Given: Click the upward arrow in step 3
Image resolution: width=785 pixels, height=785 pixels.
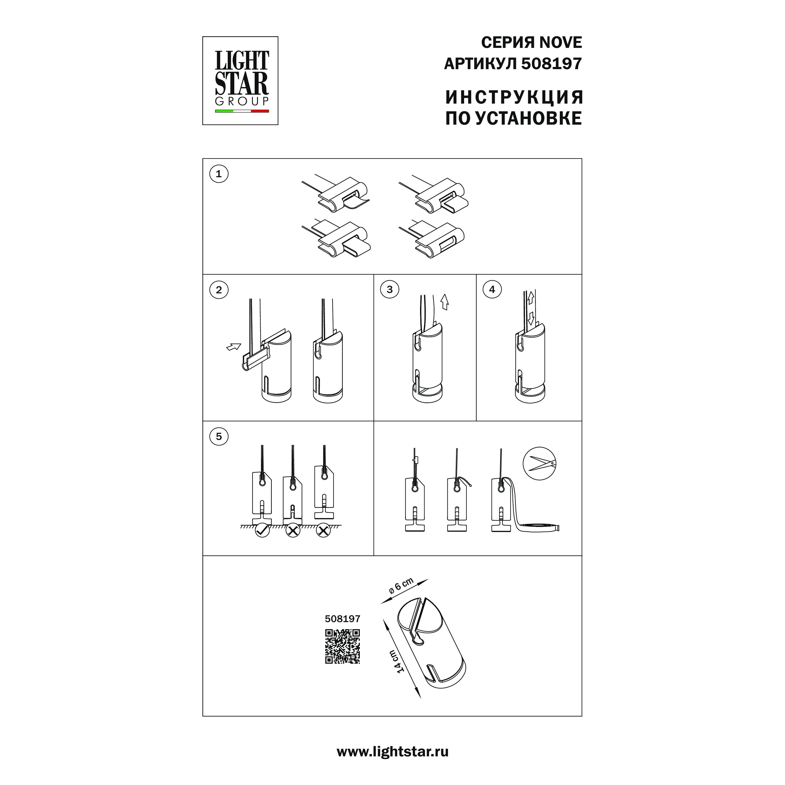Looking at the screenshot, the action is click(x=445, y=302).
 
